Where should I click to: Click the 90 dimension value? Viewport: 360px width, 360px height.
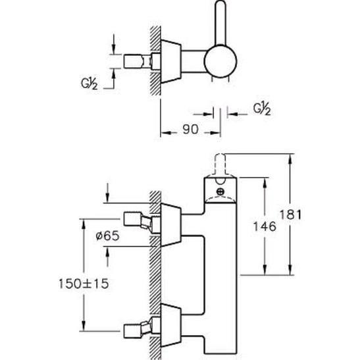click(x=190, y=129)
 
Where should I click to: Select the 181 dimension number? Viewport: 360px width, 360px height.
click(x=290, y=215)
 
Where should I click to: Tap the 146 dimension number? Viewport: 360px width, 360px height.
click(x=265, y=226)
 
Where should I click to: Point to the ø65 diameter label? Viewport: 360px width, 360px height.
click(x=108, y=236)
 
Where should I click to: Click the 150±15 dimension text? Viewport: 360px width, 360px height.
click(x=84, y=284)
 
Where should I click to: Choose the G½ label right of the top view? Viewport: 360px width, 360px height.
click(x=262, y=109)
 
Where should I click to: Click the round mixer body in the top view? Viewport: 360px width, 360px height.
click(x=220, y=61)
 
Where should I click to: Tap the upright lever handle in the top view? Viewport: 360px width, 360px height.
click(x=221, y=22)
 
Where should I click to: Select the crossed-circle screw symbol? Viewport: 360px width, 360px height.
click(x=220, y=192)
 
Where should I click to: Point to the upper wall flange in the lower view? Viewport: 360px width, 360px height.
click(x=171, y=225)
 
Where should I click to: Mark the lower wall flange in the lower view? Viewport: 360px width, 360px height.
click(x=171, y=325)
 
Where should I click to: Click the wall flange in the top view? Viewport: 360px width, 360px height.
click(x=171, y=61)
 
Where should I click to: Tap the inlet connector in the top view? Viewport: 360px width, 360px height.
click(x=142, y=61)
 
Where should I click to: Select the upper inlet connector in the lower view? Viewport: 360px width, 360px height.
click(x=142, y=222)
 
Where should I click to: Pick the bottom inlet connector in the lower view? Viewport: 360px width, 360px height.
click(x=142, y=328)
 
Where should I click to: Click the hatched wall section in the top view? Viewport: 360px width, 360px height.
click(x=155, y=61)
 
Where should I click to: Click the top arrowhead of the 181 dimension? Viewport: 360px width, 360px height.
click(x=290, y=159)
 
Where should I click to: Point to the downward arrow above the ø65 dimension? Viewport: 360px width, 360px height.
click(x=107, y=193)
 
